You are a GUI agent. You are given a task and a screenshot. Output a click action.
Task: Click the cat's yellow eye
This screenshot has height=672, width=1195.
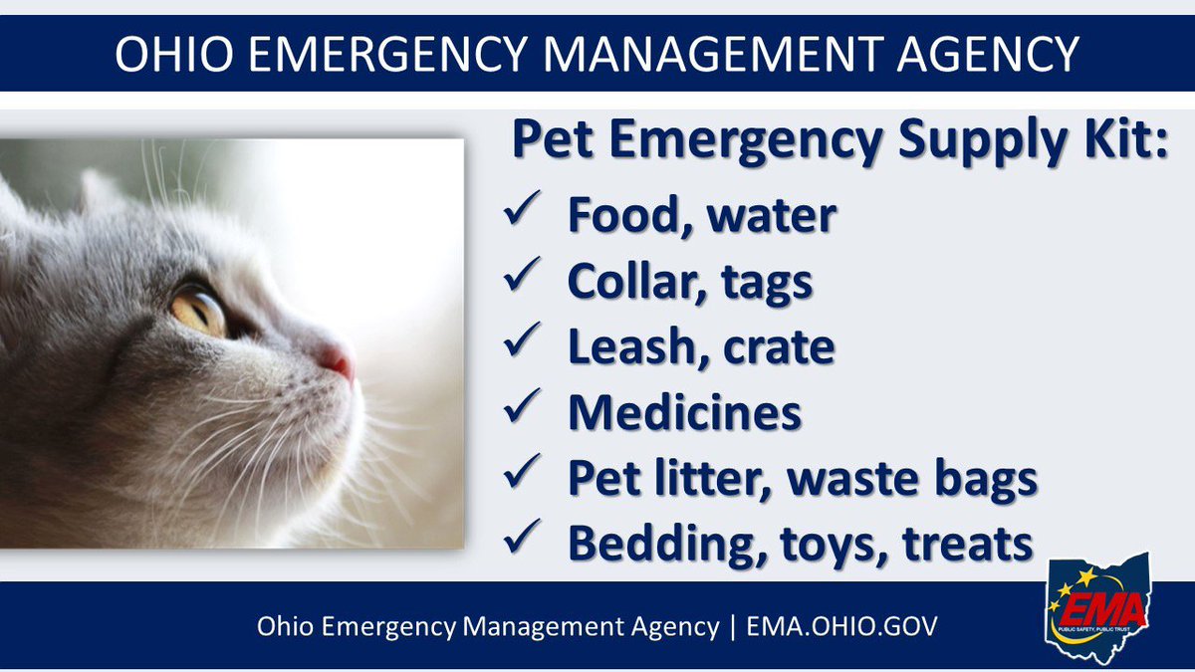(x=200, y=310)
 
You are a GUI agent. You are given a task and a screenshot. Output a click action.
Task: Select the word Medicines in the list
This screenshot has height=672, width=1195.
(x=684, y=412)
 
